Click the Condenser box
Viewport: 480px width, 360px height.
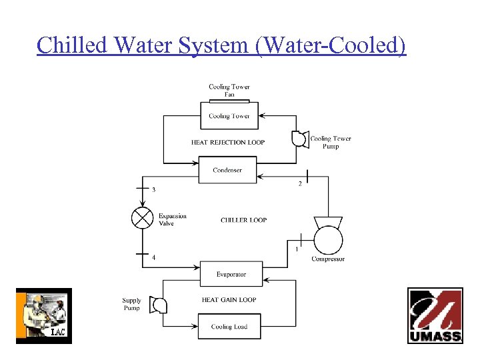click(227, 170)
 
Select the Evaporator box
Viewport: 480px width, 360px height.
click(231, 274)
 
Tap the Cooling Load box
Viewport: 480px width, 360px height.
click(229, 327)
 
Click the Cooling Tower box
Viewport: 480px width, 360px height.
click(229, 116)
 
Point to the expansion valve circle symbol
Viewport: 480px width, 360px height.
click(142, 219)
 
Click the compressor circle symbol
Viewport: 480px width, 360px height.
click(329, 239)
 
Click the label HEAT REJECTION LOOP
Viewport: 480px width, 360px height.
click(228, 142)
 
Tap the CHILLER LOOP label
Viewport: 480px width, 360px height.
click(243, 220)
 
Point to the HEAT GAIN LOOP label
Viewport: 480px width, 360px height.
click(229, 300)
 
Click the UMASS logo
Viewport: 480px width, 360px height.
click(435, 315)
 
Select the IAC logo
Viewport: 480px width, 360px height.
click(43, 316)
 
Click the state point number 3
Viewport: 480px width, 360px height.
click(154, 190)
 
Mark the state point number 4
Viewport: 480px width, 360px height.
click(154, 257)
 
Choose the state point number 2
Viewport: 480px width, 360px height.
click(299, 184)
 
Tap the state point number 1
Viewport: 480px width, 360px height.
click(296, 249)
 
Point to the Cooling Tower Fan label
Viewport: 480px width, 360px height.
click(229, 91)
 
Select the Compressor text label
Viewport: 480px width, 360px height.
click(328, 259)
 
